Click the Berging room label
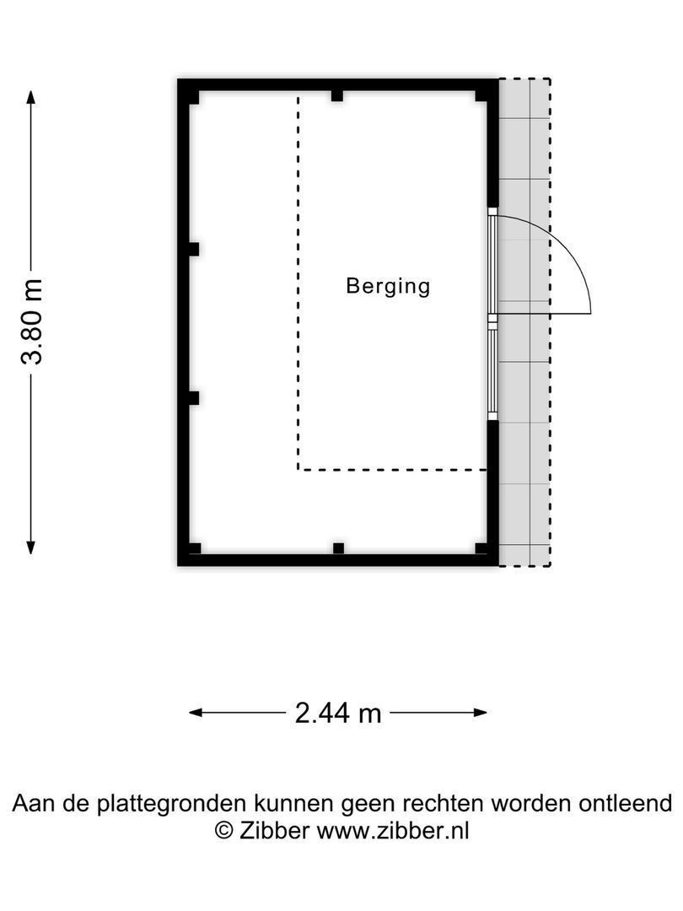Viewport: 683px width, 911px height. point(388,287)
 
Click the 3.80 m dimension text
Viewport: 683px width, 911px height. point(32,321)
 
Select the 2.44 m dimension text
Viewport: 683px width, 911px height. point(338,714)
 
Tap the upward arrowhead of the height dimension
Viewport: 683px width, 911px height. point(31,96)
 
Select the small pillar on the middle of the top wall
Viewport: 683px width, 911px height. point(337,95)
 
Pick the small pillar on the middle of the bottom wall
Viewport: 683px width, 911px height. point(337,548)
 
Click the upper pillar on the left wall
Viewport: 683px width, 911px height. point(193,249)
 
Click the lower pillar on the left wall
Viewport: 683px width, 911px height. point(193,397)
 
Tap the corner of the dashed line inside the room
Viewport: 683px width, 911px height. point(298,469)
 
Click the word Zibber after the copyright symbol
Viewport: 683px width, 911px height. point(274,830)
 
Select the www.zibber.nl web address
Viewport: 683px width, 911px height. point(393,830)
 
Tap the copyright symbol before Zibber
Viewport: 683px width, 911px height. point(224,830)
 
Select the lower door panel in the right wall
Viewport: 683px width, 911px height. point(493,368)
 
